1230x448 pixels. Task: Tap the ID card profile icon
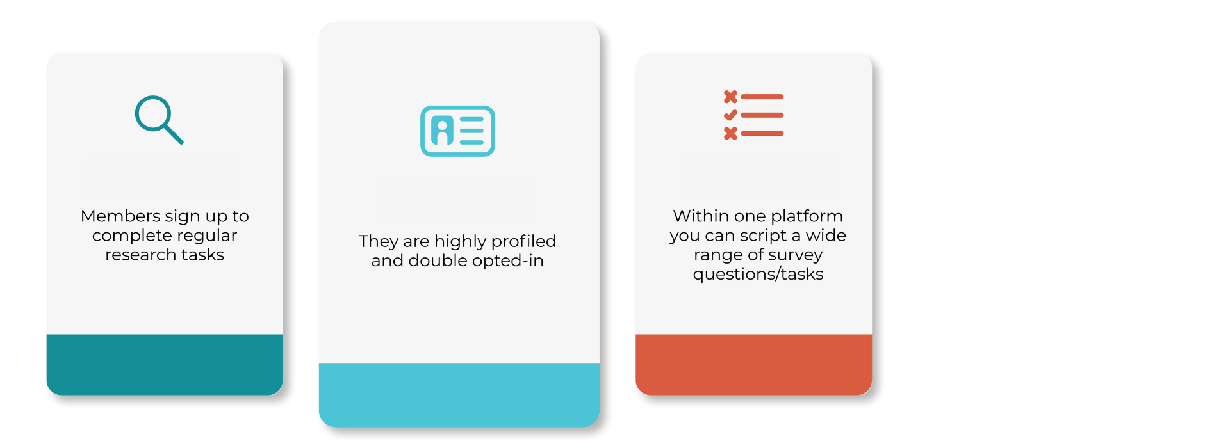coord(457,131)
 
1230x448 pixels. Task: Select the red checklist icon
coord(753,115)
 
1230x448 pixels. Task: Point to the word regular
coord(207,236)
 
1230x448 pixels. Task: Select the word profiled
coord(524,241)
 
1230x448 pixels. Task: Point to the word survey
coord(796,255)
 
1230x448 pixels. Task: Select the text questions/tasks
coord(758,275)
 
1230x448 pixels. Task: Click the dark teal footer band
coord(165,364)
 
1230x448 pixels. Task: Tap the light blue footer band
coord(459,395)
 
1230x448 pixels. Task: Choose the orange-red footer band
coord(753,364)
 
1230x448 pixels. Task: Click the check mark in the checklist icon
coord(730,115)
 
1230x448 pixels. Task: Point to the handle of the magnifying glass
coord(174,134)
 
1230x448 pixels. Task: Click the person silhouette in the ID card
coord(442,131)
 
